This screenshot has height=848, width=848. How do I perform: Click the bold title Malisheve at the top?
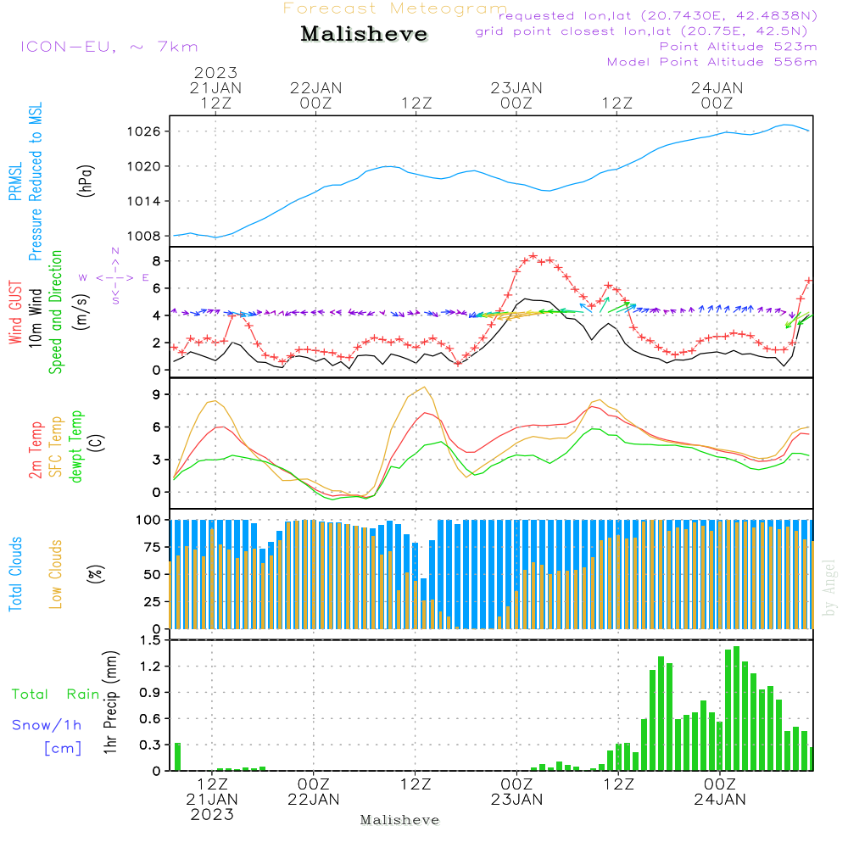click(364, 34)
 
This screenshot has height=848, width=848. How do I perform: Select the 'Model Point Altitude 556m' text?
click(712, 62)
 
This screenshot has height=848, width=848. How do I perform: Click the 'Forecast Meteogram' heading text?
click(395, 9)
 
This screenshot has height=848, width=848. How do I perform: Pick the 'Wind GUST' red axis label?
click(15, 312)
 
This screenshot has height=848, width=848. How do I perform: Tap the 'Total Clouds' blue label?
click(15, 574)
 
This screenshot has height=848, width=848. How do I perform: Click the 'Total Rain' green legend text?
click(56, 695)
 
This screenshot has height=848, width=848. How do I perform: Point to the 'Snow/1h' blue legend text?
click(47, 725)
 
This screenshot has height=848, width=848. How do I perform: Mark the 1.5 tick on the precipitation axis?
click(149, 640)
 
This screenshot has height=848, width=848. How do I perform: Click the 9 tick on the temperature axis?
click(156, 394)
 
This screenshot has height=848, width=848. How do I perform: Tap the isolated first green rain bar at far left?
click(178, 756)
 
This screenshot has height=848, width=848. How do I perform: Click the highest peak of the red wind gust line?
click(533, 255)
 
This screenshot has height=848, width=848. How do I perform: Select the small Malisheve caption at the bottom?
click(400, 820)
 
